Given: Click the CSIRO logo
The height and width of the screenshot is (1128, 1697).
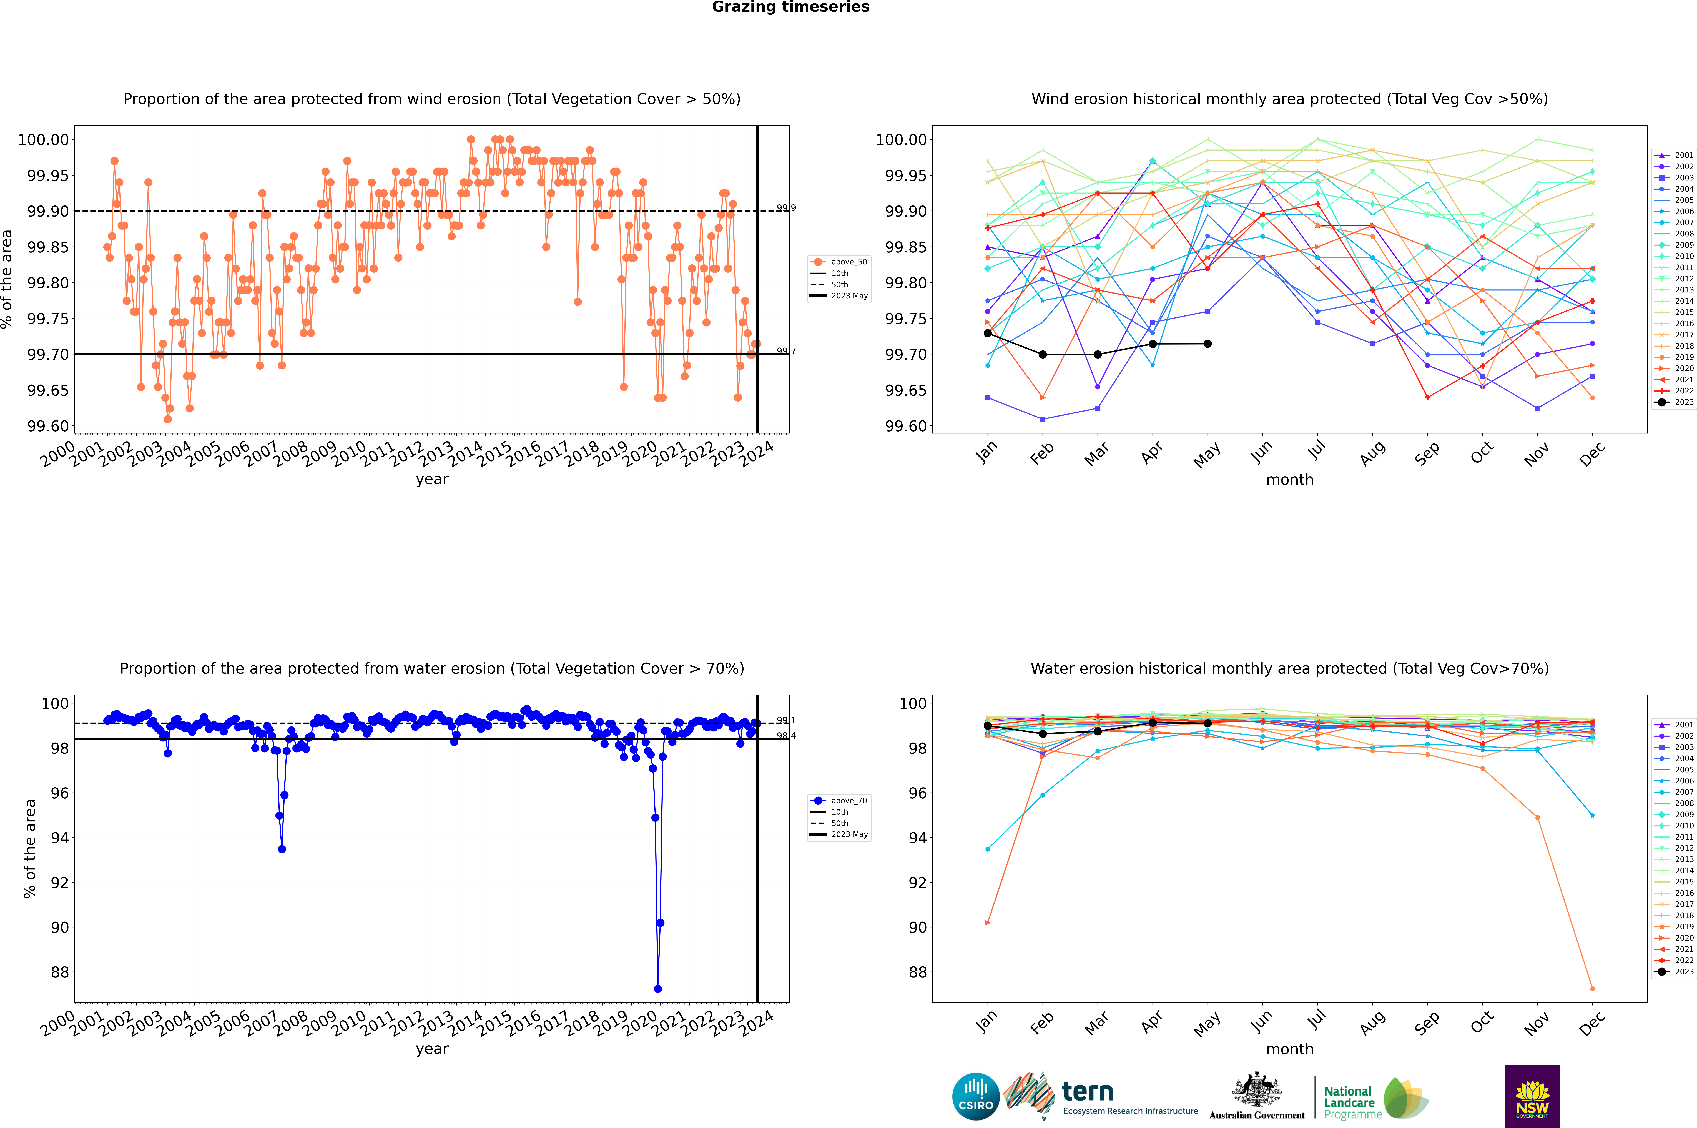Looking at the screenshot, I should (x=975, y=1096).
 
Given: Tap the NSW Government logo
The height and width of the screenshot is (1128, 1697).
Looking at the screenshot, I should (x=1532, y=1096).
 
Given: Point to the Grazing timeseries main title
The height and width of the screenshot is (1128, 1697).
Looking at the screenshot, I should (x=791, y=7).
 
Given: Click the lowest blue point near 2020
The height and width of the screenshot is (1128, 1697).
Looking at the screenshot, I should (x=657, y=988).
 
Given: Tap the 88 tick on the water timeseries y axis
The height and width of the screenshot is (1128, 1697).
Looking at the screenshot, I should (x=59, y=972).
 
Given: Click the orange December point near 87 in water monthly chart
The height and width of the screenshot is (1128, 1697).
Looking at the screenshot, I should (x=1592, y=988).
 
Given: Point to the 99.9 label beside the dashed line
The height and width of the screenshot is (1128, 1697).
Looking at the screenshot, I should (x=786, y=208).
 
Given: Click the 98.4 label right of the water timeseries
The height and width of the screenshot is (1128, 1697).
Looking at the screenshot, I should (x=786, y=736).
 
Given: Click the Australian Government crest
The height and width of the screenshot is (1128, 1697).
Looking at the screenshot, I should (x=1256, y=1091).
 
